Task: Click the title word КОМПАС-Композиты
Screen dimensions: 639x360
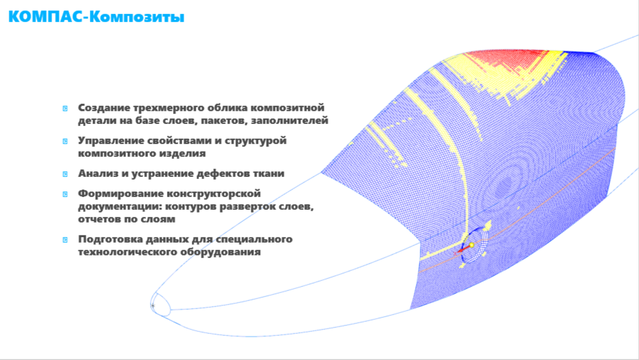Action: (x=96, y=17)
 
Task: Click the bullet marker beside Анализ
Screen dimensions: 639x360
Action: (x=65, y=174)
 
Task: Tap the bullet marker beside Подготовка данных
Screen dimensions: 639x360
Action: (x=65, y=240)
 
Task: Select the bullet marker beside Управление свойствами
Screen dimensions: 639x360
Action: (x=65, y=141)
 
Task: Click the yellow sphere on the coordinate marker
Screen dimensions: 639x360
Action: (x=471, y=245)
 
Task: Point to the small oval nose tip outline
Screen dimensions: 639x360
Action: (x=161, y=304)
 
